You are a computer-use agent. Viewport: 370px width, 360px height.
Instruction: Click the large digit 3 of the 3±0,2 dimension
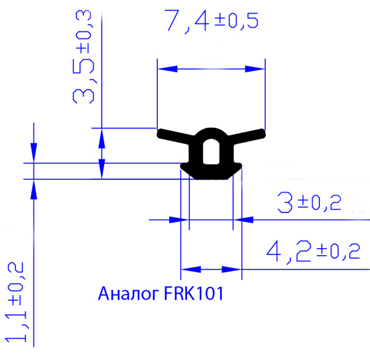point(285,202)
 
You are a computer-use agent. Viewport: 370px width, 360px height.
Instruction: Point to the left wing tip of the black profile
point(161,133)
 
